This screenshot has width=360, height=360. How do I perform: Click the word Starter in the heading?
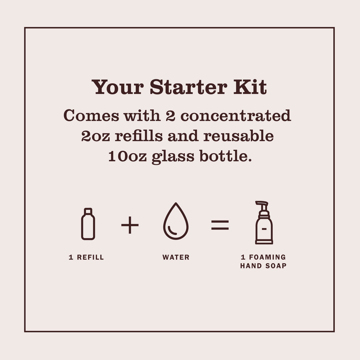pos(188,87)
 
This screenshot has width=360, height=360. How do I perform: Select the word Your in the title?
pos(117,87)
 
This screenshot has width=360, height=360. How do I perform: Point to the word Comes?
pos(91,116)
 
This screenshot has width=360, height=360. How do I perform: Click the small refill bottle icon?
pos(88,224)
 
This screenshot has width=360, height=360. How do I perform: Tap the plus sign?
pos(130,225)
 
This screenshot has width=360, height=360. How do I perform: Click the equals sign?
pos(220,225)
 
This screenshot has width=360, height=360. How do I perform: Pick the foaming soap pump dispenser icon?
pos(264,222)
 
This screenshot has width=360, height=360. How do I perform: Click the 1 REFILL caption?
pos(86,257)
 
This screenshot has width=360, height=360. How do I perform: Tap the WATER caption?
pos(176,257)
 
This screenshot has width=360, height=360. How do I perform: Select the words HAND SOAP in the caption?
pos(263,266)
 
